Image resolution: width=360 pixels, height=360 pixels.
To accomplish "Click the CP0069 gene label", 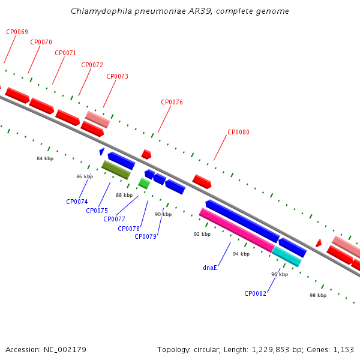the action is (x=17, y=32).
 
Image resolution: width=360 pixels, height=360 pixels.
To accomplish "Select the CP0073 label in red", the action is (x=117, y=76).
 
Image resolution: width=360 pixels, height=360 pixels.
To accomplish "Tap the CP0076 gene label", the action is (x=172, y=102).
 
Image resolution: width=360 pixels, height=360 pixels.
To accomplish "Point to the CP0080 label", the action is (x=238, y=132).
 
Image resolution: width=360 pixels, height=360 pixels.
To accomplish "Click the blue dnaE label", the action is (x=210, y=268).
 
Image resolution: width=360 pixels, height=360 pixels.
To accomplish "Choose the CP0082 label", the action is (x=255, y=293).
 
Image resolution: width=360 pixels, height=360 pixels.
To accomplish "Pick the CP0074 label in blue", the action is (x=77, y=202).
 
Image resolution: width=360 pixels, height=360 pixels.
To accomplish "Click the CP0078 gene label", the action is (x=128, y=229).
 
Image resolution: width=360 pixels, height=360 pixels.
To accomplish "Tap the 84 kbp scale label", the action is (x=45, y=158).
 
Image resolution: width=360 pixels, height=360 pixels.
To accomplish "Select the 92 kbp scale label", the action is (x=202, y=234).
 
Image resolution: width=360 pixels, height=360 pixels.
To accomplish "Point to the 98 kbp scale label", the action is (x=318, y=295).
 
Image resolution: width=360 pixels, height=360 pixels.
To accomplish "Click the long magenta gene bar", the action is (x=237, y=230).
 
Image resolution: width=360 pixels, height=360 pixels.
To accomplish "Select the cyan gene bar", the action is (x=287, y=256).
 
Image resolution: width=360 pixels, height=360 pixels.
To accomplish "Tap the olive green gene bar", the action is (x=116, y=170).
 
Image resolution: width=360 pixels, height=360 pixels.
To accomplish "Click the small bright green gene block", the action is (x=144, y=184).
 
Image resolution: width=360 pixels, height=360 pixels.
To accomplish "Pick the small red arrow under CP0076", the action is (x=146, y=154).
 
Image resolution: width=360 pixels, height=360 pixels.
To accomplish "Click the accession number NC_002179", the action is (x=65, y=350).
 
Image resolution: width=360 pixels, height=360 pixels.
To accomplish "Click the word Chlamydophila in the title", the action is (x=101, y=11).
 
